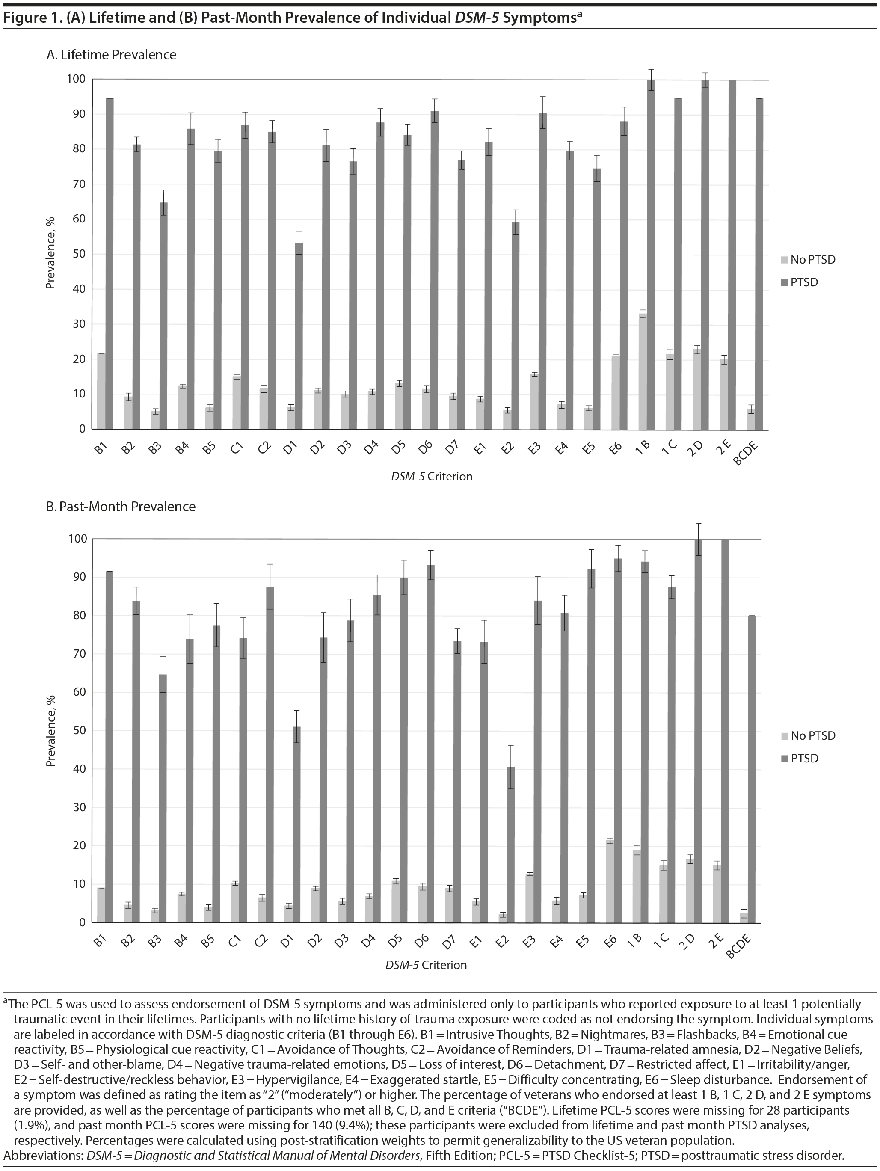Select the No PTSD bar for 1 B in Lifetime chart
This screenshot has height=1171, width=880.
pos(643,371)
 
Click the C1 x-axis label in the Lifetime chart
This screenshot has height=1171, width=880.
pos(236,448)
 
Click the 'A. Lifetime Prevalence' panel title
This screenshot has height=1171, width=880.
pos(111,55)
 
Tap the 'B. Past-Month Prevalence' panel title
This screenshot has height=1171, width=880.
pos(121,507)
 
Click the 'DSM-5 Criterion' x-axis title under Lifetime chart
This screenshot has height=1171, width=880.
pos(432,477)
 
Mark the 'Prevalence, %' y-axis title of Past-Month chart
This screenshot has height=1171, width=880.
pos(51,731)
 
